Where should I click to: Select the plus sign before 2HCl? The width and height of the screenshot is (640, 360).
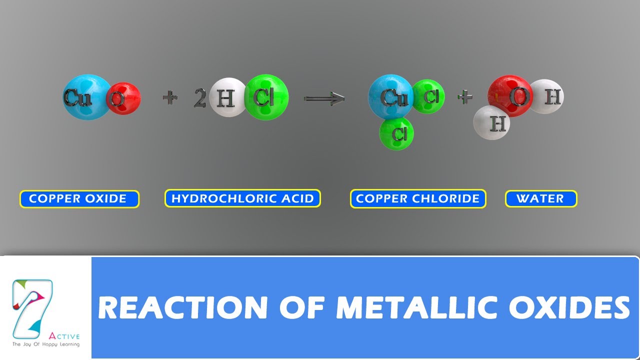(x=170, y=98)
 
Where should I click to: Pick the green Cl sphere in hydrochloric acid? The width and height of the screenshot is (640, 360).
(x=267, y=97)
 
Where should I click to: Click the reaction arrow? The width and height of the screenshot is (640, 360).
(x=324, y=98)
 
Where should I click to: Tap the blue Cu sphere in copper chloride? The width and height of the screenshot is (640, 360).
(x=390, y=97)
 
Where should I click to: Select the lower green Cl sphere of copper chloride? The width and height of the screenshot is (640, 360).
(x=396, y=133)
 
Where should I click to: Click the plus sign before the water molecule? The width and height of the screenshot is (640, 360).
(x=464, y=97)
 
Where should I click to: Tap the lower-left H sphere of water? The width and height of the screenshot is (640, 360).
(x=492, y=122)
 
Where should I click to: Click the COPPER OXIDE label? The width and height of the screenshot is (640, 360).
(x=79, y=198)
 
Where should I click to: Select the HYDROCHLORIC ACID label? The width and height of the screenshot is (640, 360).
(x=242, y=198)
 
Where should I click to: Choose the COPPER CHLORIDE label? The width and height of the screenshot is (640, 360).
(x=418, y=198)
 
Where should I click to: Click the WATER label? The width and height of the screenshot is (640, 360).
(x=540, y=198)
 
